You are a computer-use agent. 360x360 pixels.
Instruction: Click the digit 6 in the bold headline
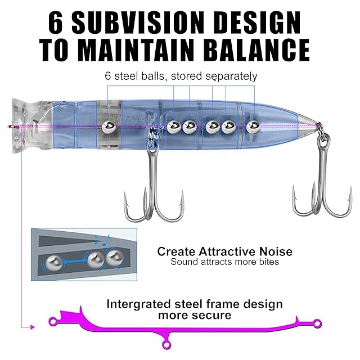click(56, 22)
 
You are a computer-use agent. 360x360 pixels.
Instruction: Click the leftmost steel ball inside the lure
click(109, 127)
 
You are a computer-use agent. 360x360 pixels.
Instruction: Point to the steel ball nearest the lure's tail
click(253, 127)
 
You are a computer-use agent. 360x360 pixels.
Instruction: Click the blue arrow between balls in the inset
click(75, 261)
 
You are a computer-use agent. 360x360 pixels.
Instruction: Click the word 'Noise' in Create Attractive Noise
click(276, 251)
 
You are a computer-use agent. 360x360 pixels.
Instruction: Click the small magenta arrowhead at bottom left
click(33, 327)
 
